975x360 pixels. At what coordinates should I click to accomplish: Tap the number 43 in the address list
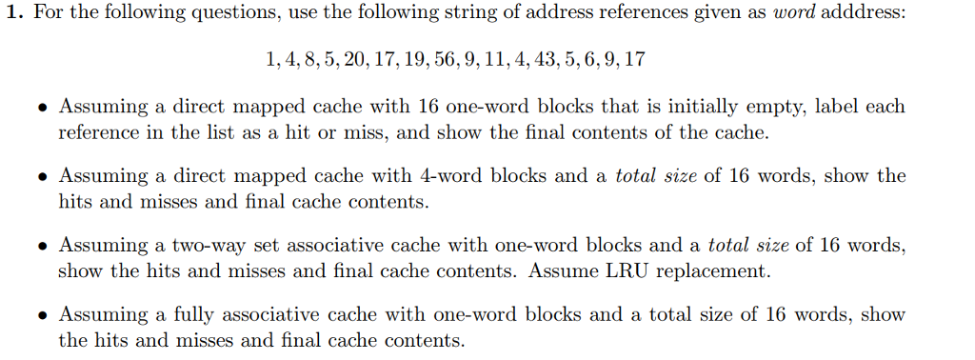(x=547, y=59)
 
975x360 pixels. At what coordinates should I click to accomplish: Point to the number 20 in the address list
(x=352, y=59)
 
